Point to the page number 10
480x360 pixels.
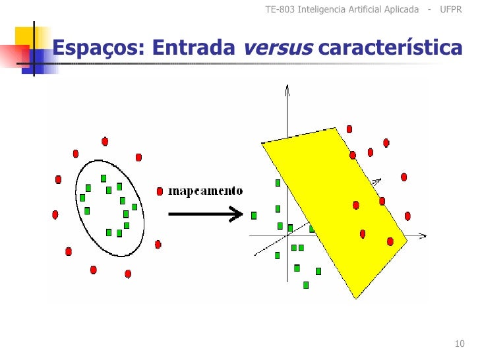(460, 344)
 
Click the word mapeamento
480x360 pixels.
(206, 191)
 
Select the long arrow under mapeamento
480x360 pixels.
(204, 214)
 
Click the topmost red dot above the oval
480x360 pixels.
(105, 141)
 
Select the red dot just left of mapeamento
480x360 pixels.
(160, 191)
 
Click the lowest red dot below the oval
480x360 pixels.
(128, 273)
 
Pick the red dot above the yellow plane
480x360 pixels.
(349, 129)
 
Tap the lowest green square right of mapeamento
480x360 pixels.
(306, 285)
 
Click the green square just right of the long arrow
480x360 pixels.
(254, 215)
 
